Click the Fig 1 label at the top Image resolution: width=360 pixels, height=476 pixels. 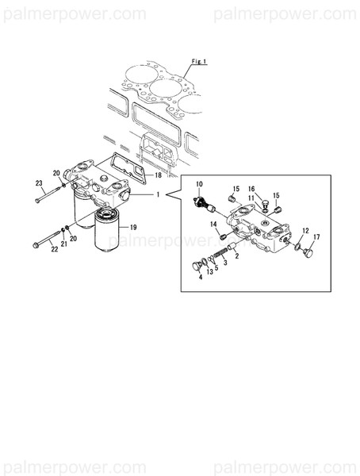click(x=198, y=60)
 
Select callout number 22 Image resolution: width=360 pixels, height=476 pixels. click(x=54, y=251)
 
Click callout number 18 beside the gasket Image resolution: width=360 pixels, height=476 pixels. click(x=158, y=175)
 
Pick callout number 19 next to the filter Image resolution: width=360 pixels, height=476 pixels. click(x=133, y=227)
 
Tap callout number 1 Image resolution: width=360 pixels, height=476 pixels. click(x=158, y=194)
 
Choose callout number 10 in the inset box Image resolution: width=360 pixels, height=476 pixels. click(x=199, y=184)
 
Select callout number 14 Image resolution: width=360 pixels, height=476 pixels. click(x=213, y=225)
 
